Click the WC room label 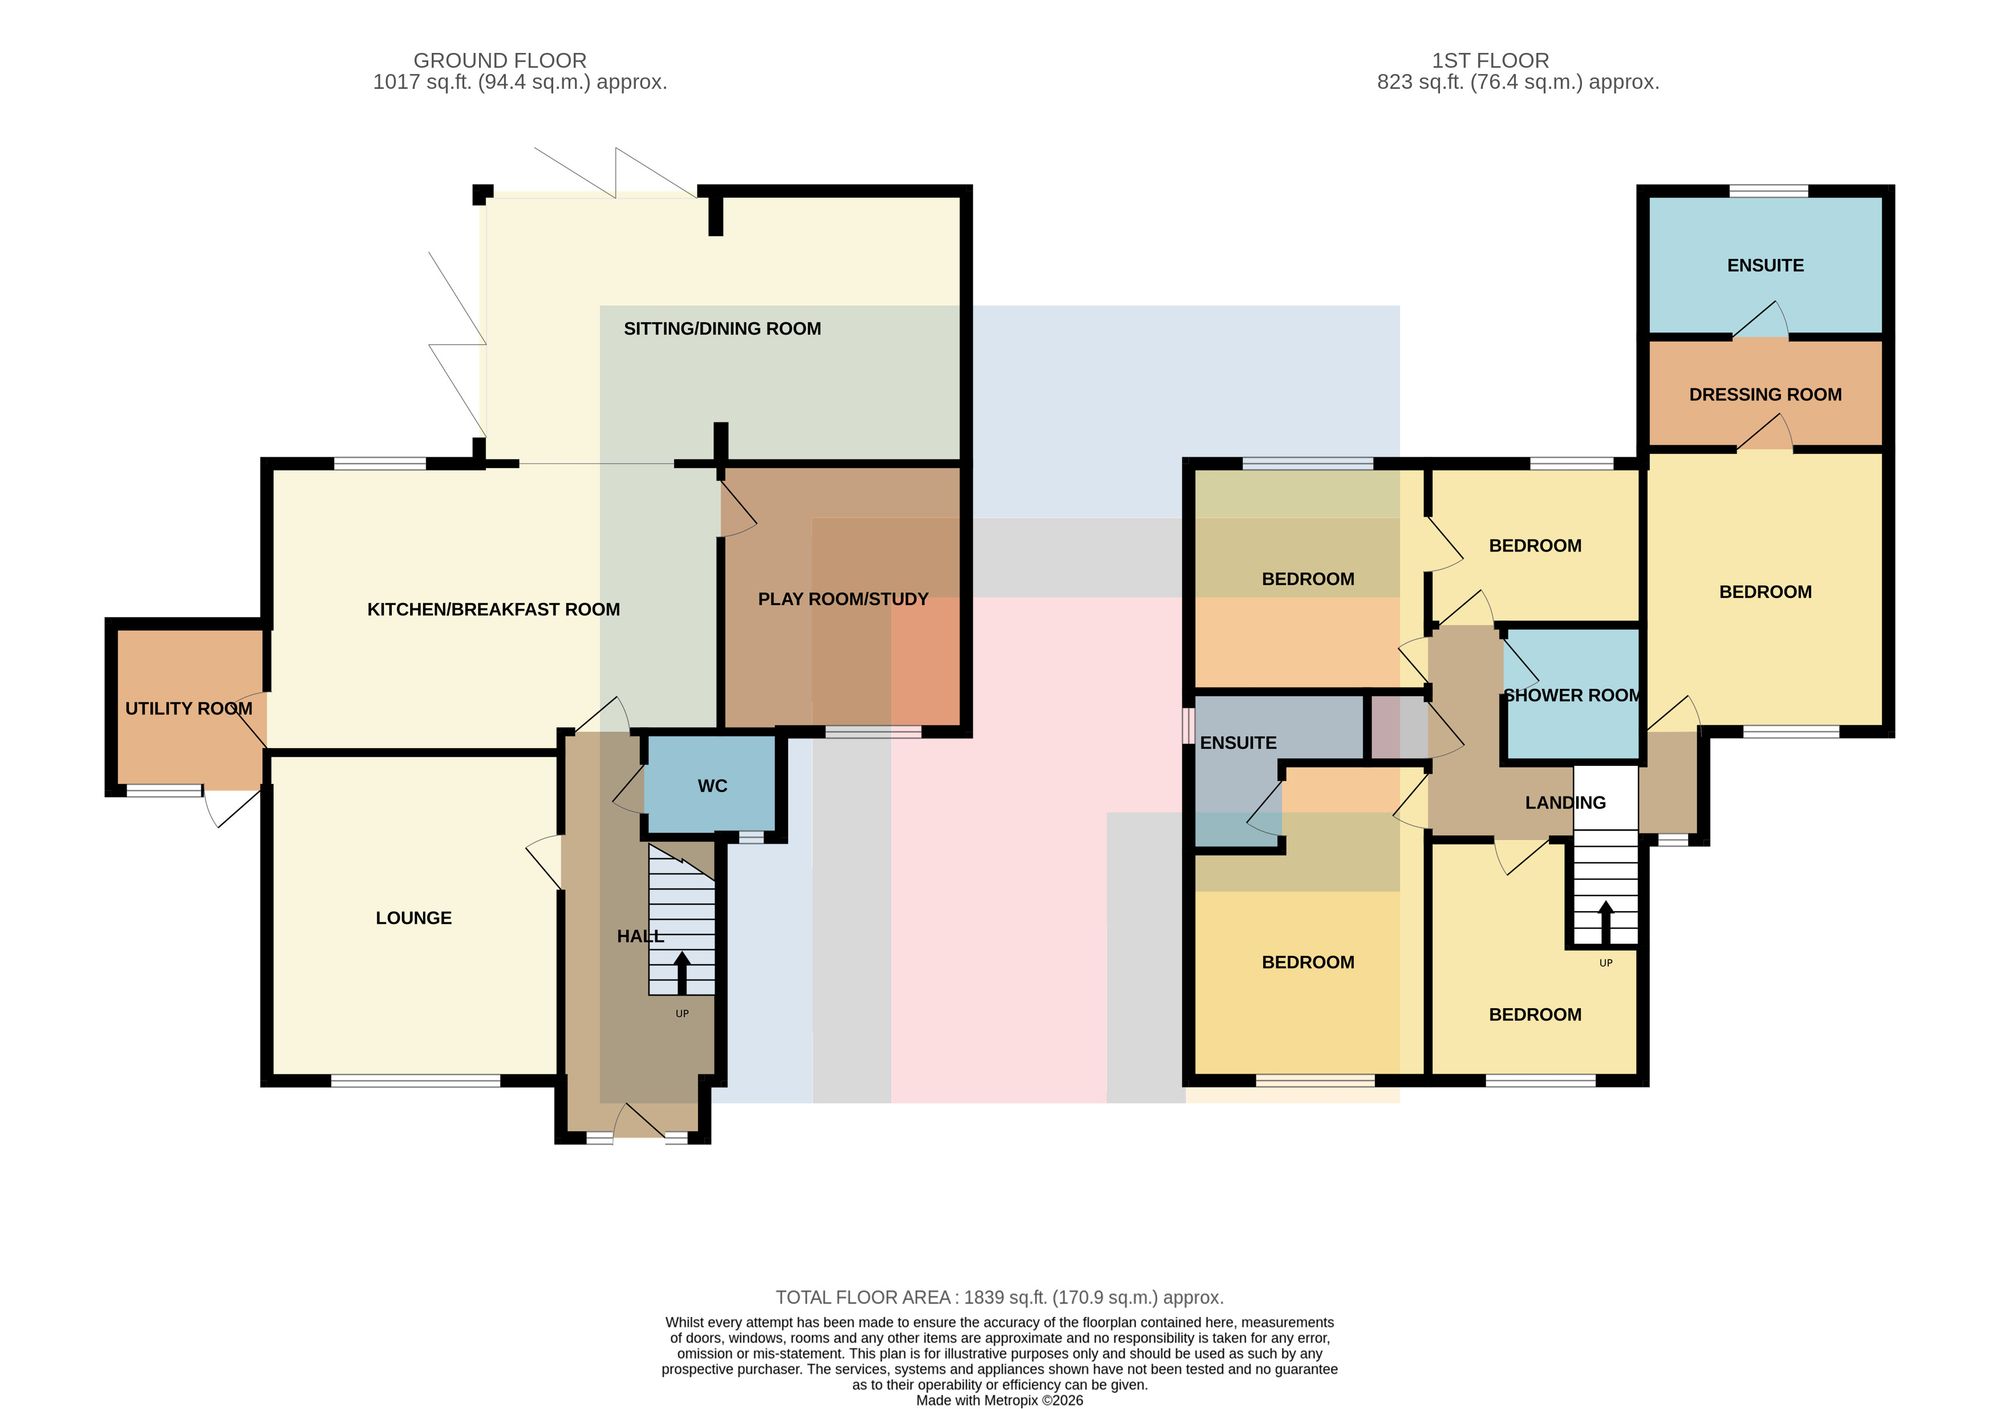pyautogui.click(x=712, y=786)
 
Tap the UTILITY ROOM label pyautogui.click(x=189, y=709)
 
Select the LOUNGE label pyautogui.click(x=414, y=918)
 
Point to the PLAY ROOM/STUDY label pyautogui.click(x=843, y=599)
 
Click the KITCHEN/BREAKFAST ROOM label pyautogui.click(x=494, y=609)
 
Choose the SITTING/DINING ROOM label pyautogui.click(x=722, y=329)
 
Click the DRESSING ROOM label pyautogui.click(x=1765, y=395)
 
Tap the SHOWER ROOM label pyautogui.click(x=1572, y=695)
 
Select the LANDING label pyautogui.click(x=1565, y=803)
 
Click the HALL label pyautogui.click(x=640, y=937)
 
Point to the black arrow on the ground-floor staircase pyautogui.click(x=682, y=973)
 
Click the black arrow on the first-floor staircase pyautogui.click(x=1605, y=923)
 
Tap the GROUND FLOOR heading pyautogui.click(x=500, y=61)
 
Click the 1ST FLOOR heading pyautogui.click(x=1490, y=61)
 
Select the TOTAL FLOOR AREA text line pyautogui.click(x=1000, y=1298)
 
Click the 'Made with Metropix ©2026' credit pyautogui.click(x=1000, y=1401)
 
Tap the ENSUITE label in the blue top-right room pyautogui.click(x=1765, y=266)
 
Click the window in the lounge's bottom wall pyautogui.click(x=415, y=1080)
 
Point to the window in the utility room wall pyautogui.click(x=164, y=791)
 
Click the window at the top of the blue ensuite pyautogui.click(x=1768, y=191)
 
